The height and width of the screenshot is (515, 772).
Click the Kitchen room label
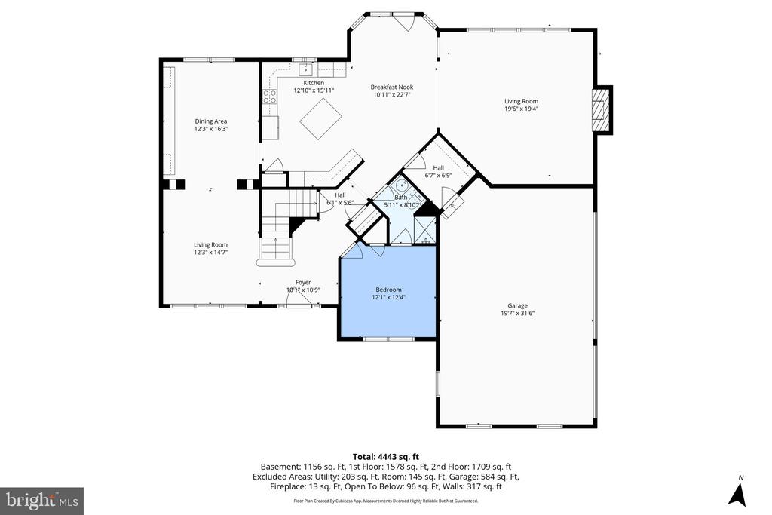(x=314, y=83)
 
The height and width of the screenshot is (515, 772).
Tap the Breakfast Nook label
(x=391, y=87)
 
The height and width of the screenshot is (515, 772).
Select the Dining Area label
(x=211, y=121)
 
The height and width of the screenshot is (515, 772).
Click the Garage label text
(x=517, y=306)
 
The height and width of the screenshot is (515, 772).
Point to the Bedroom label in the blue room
(x=388, y=290)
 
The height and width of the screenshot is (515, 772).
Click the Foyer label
(x=303, y=283)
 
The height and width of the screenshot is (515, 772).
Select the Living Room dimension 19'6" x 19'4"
(x=521, y=109)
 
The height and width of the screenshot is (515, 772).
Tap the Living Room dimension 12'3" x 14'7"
(x=210, y=253)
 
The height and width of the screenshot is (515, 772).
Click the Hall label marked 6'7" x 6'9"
(x=438, y=168)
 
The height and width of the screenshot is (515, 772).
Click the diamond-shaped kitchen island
(x=320, y=118)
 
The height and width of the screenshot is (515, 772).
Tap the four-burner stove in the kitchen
(x=269, y=97)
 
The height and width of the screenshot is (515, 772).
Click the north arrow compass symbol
(x=737, y=493)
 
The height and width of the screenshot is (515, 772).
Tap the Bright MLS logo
(x=41, y=501)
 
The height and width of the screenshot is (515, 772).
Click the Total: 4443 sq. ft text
(x=385, y=455)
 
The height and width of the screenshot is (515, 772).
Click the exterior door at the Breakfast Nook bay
(x=406, y=21)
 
